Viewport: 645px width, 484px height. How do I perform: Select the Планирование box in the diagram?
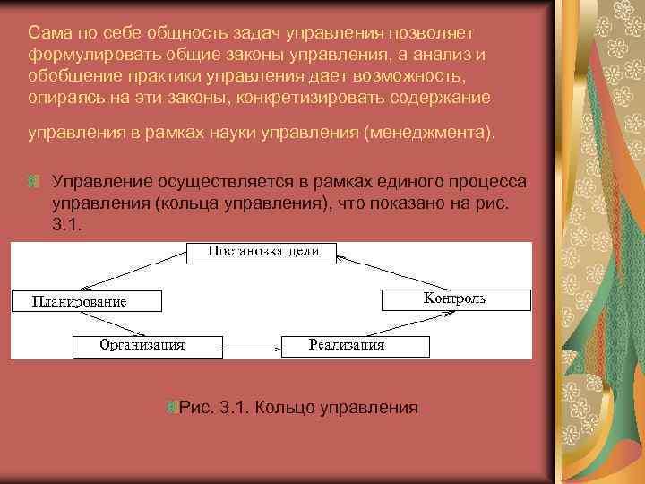click(86, 301)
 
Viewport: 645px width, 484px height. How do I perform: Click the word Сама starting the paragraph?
click(46, 32)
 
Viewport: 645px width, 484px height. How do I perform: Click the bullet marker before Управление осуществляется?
click(33, 182)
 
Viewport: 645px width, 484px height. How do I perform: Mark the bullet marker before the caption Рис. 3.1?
click(171, 408)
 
